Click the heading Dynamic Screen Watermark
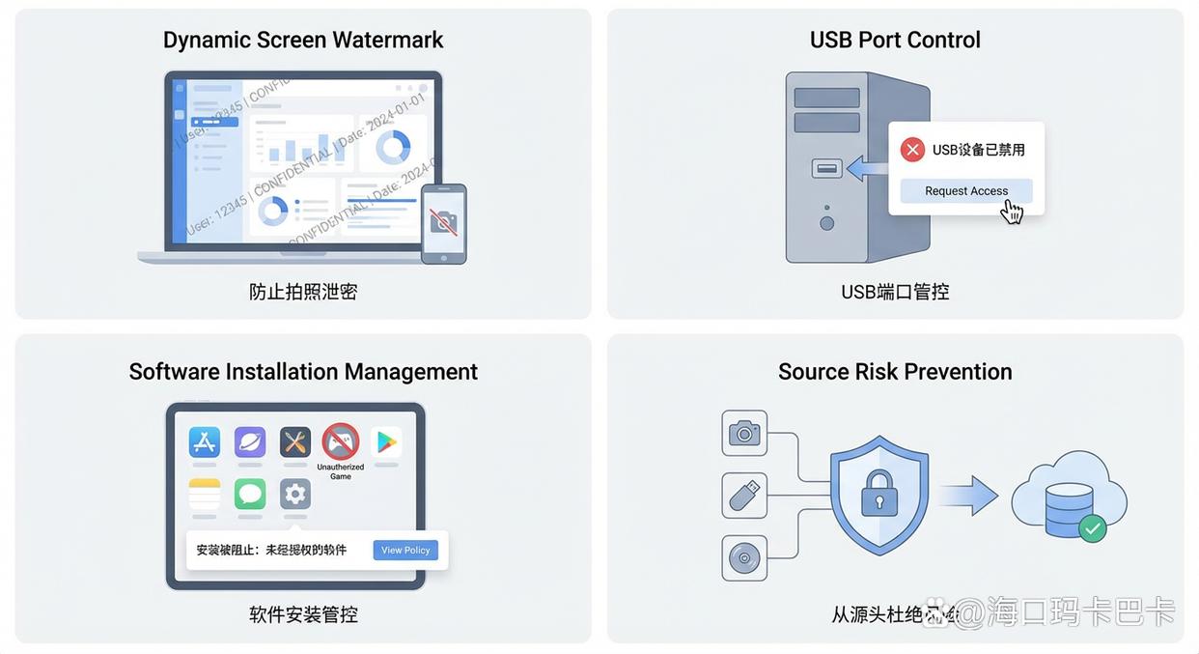point(303,40)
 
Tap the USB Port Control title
point(895,40)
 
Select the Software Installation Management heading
point(303,372)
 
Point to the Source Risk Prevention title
point(895,372)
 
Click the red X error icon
point(912,150)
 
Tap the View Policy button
point(405,551)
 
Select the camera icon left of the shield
point(744,433)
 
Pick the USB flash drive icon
point(744,496)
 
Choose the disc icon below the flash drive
point(744,558)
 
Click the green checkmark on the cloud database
point(1092,528)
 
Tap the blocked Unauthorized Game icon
point(341,441)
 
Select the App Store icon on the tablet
point(205,441)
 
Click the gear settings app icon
point(295,494)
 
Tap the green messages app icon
point(250,494)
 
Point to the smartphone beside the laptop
point(444,223)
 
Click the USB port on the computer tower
point(827,168)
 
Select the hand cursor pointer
point(1011,211)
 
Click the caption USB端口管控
point(895,292)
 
